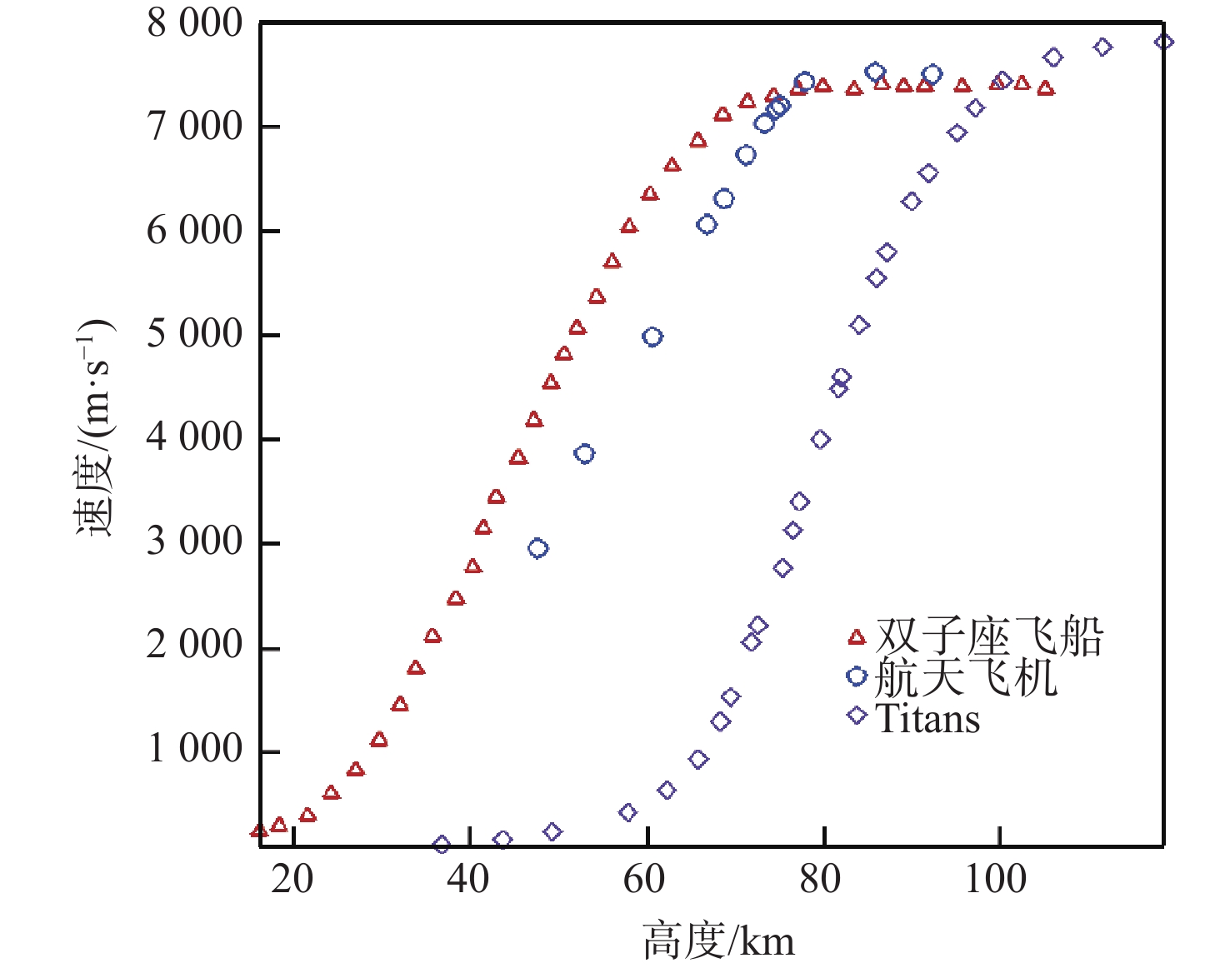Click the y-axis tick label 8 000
click(x=194, y=23)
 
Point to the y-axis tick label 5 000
click(x=194, y=334)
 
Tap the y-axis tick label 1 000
click(x=194, y=749)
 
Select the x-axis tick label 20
click(x=292, y=879)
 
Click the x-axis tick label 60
click(x=645, y=879)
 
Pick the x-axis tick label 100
click(x=997, y=879)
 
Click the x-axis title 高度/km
click(x=718, y=941)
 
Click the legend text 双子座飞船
click(x=989, y=637)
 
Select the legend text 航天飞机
click(x=966, y=676)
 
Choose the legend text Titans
click(x=927, y=718)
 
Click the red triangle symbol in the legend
click(x=857, y=638)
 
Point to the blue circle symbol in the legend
click(x=857, y=676)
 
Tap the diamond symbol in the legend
click(x=857, y=716)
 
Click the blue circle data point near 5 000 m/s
click(x=652, y=337)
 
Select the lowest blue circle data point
click(x=538, y=548)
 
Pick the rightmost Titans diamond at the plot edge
click(x=1164, y=42)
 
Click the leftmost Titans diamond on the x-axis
click(x=442, y=845)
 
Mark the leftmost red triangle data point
click(x=259, y=831)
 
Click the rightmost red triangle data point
click(x=1046, y=88)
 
